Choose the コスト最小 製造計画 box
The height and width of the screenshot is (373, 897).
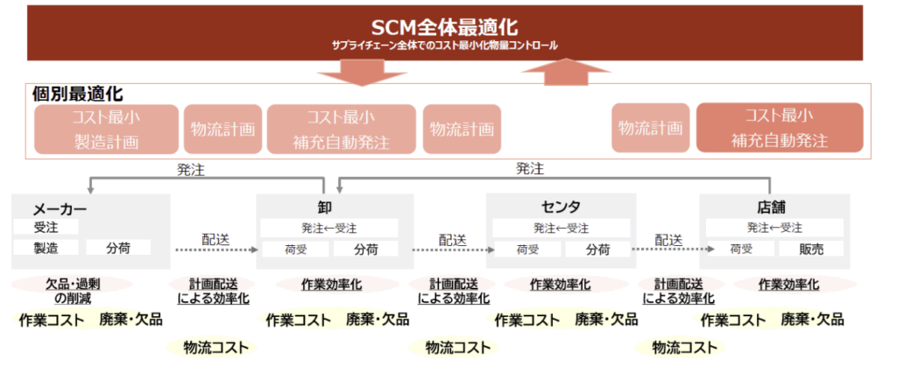click(106, 129)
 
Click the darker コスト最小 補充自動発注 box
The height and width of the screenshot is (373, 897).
click(779, 129)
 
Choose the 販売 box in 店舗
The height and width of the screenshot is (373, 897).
click(810, 249)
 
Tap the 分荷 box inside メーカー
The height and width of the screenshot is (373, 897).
click(118, 248)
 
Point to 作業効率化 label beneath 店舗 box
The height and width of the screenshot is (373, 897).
click(788, 285)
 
